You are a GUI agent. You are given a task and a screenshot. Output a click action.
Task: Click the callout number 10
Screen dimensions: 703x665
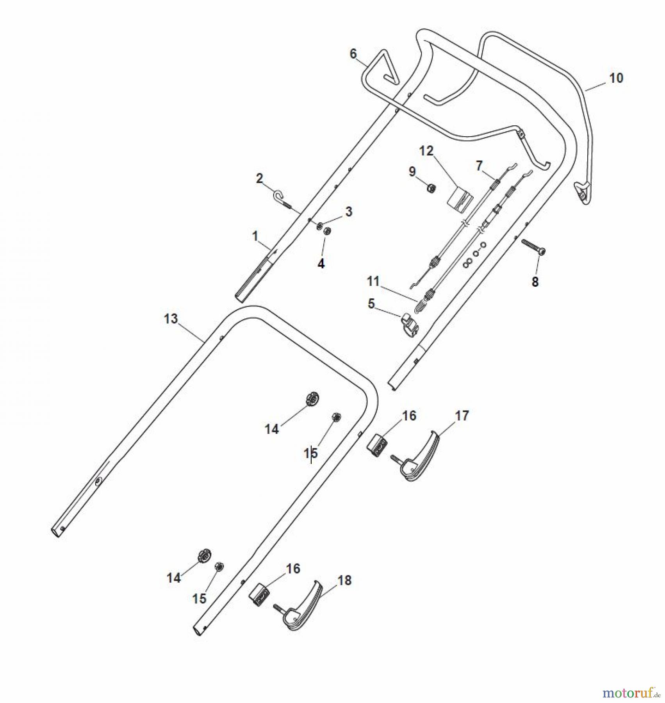coord(616,78)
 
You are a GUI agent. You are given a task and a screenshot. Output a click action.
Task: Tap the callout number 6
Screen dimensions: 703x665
coord(353,54)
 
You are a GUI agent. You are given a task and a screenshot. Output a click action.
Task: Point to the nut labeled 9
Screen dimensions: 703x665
coord(431,189)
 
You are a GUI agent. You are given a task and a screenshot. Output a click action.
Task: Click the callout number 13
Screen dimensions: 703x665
coord(171,319)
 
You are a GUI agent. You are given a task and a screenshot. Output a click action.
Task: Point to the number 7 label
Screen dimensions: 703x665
coord(479,166)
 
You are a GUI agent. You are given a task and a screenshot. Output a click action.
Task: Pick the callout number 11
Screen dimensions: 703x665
coord(373,281)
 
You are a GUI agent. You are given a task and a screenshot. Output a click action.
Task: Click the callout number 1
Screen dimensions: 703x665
coord(255,236)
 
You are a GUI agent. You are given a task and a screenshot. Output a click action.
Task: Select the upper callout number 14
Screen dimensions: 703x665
coord(272,429)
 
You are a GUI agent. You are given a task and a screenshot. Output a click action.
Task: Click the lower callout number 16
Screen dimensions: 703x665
coord(293,569)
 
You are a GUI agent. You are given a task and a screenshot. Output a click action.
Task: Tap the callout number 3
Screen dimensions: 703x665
coord(348,212)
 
